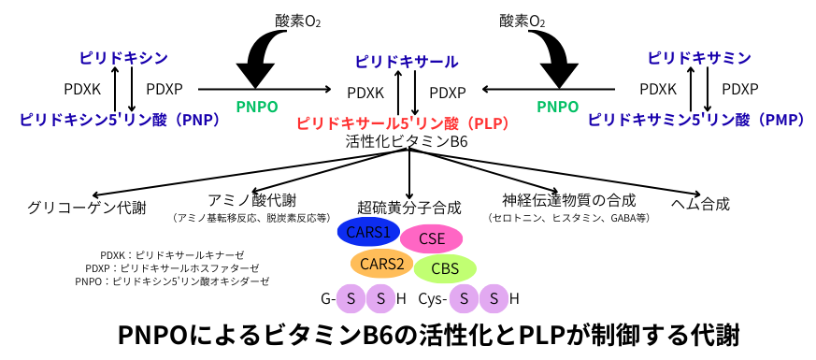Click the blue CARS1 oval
[368, 232]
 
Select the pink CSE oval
[432, 238]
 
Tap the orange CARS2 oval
[381, 263]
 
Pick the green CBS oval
[445, 269]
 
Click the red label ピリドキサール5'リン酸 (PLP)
[402, 123]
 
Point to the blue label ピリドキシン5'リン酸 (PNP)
[119, 120]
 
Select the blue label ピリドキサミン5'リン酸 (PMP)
[697, 120]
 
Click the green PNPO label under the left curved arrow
[257, 107]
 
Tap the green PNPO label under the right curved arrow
[558, 107]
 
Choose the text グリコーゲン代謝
[87, 209]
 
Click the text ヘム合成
[700, 204]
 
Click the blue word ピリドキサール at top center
[407, 62]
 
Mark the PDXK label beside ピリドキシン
[82, 90]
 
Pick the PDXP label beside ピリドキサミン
[740, 90]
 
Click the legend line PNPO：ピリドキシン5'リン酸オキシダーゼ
[172, 281]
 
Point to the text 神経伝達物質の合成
[569, 200]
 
